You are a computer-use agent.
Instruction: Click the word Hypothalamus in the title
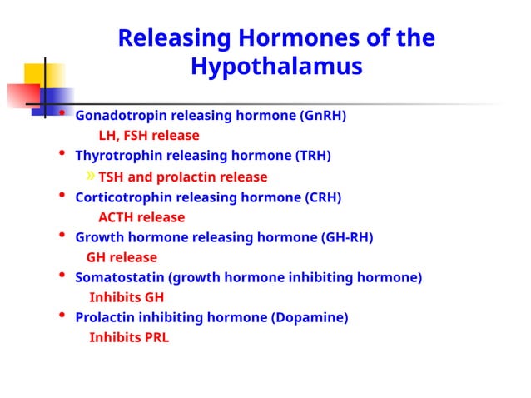click(x=276, y=66)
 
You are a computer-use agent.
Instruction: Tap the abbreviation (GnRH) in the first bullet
click(x=323, y=115)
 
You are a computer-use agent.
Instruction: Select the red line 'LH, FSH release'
click(x=149, y=135)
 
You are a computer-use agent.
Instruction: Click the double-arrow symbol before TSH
click(x=91, y=176)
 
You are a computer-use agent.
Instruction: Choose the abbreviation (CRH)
click(x=318, y=197)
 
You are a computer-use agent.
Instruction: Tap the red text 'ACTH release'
click(x=141, y=217)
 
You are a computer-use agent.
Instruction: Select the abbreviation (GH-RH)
click(x=347, y=237)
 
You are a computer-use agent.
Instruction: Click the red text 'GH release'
click(x=122, y=257)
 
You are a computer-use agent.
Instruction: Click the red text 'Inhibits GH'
click(x=127, y=297)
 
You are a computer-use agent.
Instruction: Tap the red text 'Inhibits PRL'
click(x=129, y=337)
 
